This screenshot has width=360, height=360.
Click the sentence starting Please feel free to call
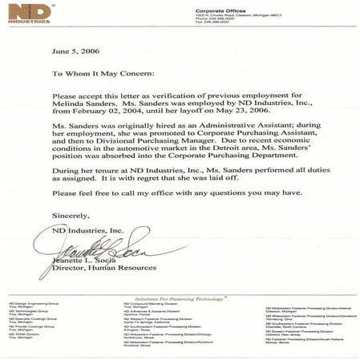pyautogui.click(x=176, y=216)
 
